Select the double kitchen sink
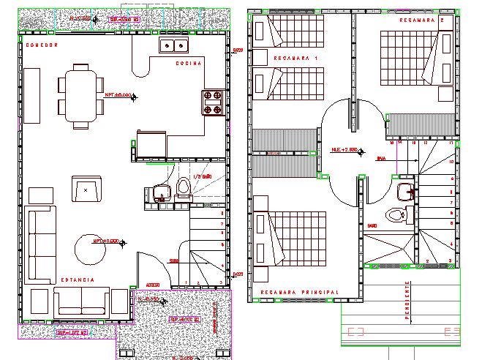(x=173, y=45)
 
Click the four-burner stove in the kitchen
(x=212, y=102)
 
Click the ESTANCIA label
(x=78, y=280)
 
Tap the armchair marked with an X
(x=86, y=189)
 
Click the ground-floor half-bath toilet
(x=183, y=189)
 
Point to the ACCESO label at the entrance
(x=152, y=285)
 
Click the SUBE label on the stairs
(x=175, y=260)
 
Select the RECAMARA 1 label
(x=296, y=58)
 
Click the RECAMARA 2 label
(x=423, y=20)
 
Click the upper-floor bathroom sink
(x=404, y=192)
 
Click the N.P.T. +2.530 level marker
(x=344, y=150)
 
